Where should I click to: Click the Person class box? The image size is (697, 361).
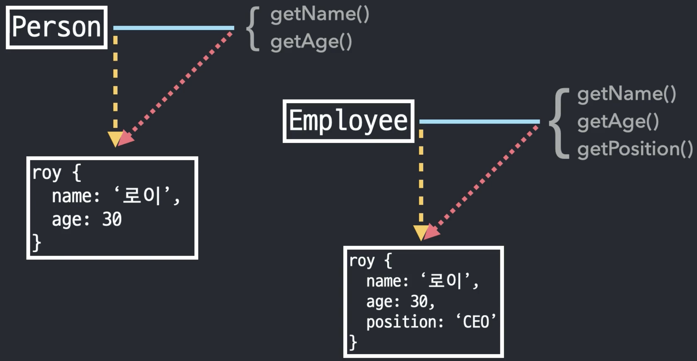tap(56, 27)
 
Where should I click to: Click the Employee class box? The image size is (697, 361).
tap(348, 121)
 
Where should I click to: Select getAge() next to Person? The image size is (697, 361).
tap(311, 42)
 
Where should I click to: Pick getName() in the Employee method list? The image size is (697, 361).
tap(626, 94)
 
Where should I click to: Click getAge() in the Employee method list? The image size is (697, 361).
tap(618, 122)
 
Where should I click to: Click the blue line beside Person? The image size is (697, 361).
tap(174, 28)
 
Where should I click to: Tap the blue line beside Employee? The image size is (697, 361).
tap(479, 122)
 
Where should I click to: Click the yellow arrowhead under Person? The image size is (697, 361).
tap(115, 138)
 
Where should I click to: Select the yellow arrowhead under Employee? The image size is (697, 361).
tap(420, 232)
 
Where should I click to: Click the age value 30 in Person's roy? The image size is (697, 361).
tap(112, 219)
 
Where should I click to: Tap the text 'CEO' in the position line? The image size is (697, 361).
tap(476, 322)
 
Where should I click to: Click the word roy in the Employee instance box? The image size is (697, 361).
tap(362, 261)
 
